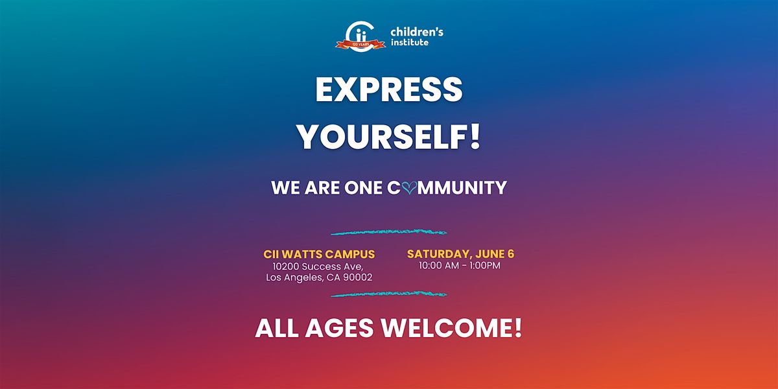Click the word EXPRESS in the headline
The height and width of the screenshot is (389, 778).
[x=388, y=89]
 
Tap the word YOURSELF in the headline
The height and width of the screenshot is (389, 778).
[x=382, y=137]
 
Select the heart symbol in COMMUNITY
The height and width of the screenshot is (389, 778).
[x=409, y=188]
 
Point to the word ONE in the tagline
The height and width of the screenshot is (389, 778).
[x=363, y=188]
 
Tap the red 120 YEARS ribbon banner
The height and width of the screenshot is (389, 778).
[x=360, y=45]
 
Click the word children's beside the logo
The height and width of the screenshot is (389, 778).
[x=417, y=32]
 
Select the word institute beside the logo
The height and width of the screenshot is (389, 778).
[x=410, y=42]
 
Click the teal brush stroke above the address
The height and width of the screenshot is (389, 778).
[x=388, y=232]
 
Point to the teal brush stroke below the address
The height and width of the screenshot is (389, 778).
[x=388, y=294]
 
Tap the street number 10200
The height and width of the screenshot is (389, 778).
[x=286, y=266]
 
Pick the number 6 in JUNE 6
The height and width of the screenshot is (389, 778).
[x=511, y=254]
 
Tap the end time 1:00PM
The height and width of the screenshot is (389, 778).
[x=485, y=266]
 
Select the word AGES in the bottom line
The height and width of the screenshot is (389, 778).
[x=339, y=328]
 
